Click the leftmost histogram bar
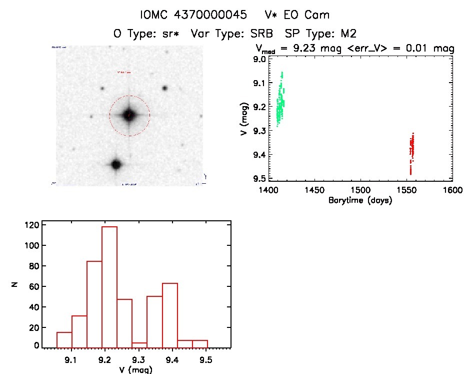click(x=64, y=339)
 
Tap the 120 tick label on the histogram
click(x=31, y=224)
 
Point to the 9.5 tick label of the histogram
click(x=205, y=359)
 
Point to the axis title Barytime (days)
click(x=360, y=201)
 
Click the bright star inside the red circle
click(x=129, y=115)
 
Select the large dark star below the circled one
click(x=116, y=164)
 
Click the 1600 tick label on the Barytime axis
click(x=452, y=191)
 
